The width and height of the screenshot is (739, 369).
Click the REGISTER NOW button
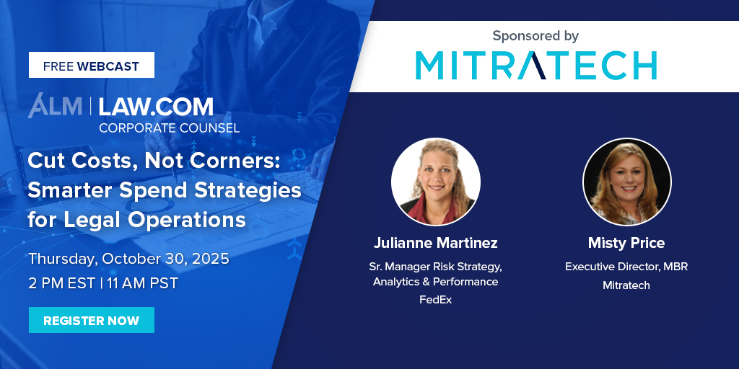(91, 321)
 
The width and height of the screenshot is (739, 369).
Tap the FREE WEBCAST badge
(91, 66)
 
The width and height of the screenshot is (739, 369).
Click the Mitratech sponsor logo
(535, 65)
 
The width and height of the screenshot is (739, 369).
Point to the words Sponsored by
(535, 35)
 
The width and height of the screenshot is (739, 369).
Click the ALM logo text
(55, 107)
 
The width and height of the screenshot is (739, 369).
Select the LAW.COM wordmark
(156, 107)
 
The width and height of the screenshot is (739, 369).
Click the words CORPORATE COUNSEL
(169, 128)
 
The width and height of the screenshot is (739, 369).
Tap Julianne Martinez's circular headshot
(435, 182)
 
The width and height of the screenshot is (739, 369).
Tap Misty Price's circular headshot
(626, 182)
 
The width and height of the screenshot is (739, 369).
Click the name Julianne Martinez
(435, 242)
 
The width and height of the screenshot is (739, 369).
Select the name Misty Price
(626, 242)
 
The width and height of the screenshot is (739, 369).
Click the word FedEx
(435, 299)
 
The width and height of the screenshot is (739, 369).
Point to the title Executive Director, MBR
(626, 267)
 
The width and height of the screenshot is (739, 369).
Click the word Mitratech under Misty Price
(626, 285)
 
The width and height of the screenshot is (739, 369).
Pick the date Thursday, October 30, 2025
(128, 259)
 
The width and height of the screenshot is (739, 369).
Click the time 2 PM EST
(62, 283)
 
